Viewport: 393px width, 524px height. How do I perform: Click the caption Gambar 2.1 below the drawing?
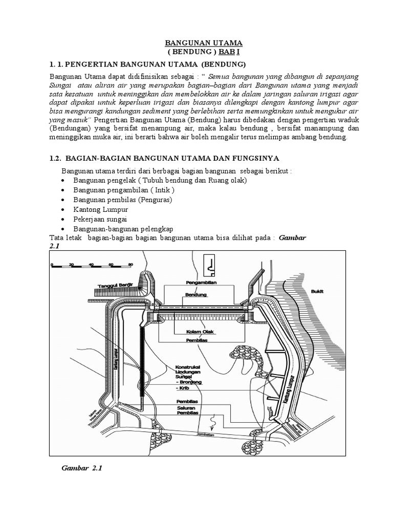tap(82, 469)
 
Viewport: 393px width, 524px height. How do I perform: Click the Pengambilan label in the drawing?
tap(202, 282)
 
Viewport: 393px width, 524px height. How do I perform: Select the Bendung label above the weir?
tap(195, 295)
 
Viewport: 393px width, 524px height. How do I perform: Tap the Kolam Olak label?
tap(200, 331)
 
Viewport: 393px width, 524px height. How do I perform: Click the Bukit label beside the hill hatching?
tap(317, 291)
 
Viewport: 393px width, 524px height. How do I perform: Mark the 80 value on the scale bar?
tap(130, 265)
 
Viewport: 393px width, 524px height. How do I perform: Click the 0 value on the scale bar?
tap(52, 265)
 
